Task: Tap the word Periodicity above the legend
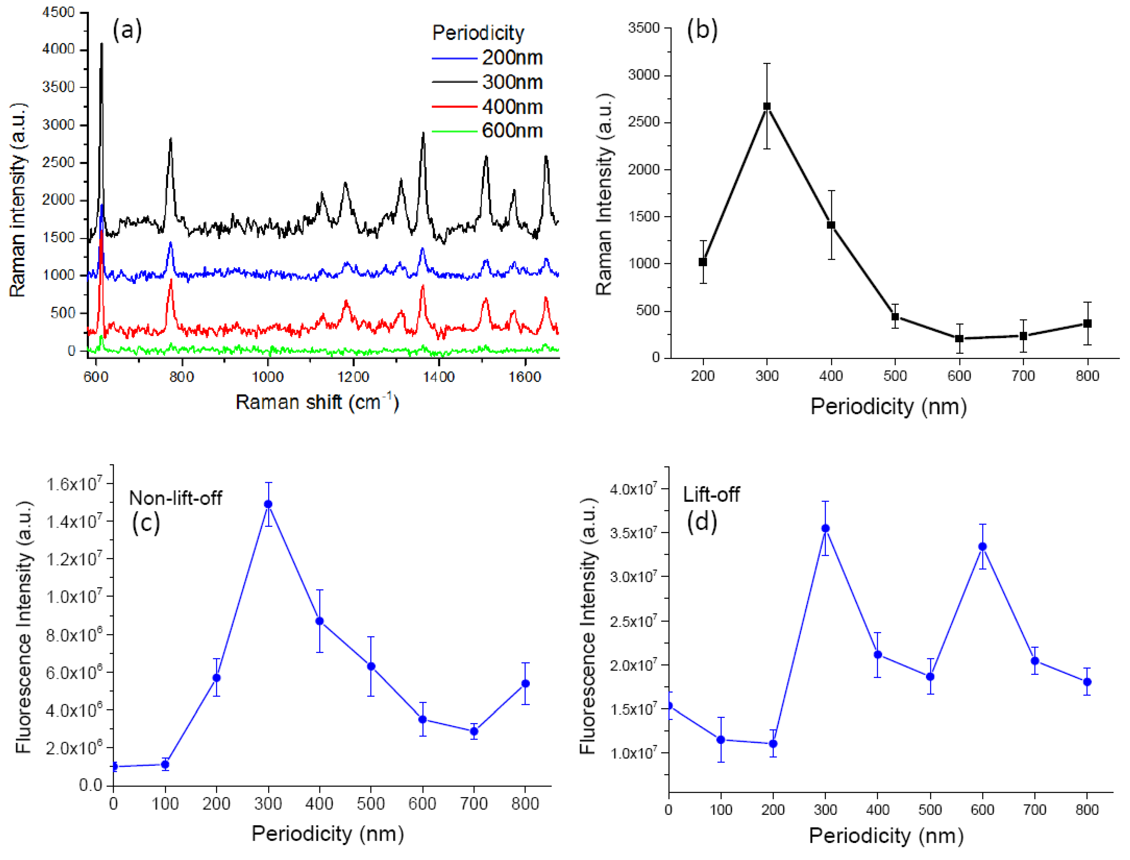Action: tap(478, 33)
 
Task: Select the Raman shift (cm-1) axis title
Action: tap(317, 402)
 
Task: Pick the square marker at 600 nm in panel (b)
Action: tap(959, 338)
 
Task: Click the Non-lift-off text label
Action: tap(176, 498)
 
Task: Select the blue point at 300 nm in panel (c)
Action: tap(268, 504)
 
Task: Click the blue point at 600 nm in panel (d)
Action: tap(982, 547)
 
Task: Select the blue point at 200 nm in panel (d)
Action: tap(773, 743)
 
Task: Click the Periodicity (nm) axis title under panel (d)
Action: tap(886, 836)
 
